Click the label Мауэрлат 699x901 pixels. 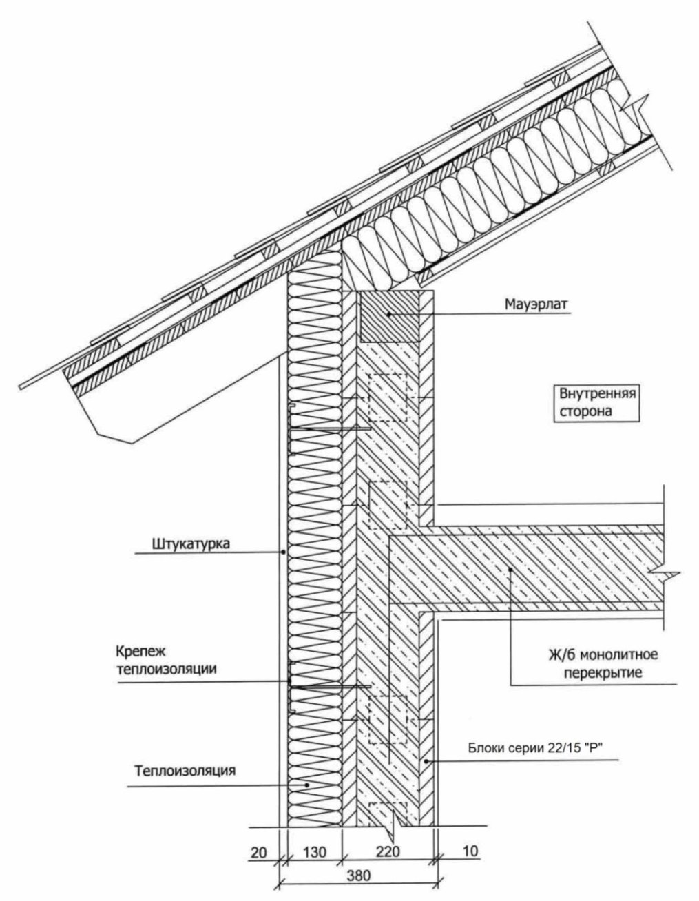point(536,304)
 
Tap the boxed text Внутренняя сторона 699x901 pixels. point(597,402)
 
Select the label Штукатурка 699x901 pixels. point(191,543)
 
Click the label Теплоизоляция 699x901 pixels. point(185,770)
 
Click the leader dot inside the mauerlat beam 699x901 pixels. point(388,314)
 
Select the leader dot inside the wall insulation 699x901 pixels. point(306,785)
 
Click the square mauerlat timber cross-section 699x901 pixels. point(389,316)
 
